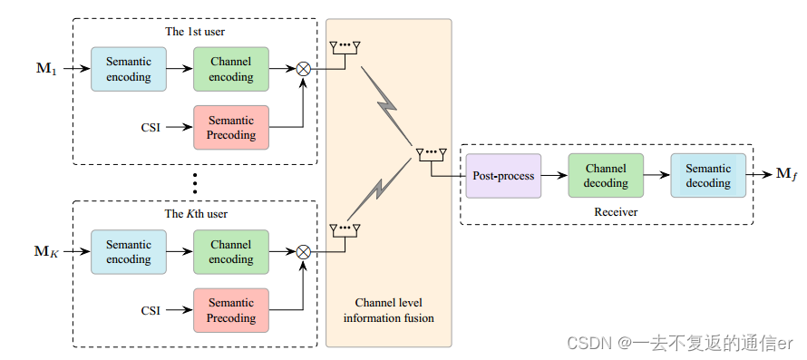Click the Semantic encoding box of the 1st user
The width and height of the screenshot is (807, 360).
coord(129,69)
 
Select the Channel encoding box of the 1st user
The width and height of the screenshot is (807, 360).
coord(231,69)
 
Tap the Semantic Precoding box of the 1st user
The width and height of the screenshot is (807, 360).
coord(231,127)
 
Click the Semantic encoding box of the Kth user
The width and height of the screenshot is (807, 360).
coord(129,251)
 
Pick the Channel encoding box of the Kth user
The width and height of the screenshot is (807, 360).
coord(231,251)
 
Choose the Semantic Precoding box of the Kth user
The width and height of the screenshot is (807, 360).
coord(231,310)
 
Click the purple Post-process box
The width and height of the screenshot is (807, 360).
coord(503,176)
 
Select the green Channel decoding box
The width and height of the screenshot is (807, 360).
coord(606,176)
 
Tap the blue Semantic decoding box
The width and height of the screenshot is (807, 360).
coord(708,176)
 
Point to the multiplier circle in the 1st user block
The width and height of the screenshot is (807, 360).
coord(304,69)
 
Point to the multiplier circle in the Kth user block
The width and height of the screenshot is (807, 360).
coord(304,251)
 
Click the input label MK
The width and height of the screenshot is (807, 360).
coord(46,251)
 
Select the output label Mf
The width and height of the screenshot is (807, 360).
coord(786,173)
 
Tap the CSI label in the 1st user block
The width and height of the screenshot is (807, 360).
coord(151,128)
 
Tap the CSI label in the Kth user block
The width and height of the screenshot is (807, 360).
coord(151,310)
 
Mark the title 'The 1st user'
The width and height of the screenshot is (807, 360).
coord(194,31)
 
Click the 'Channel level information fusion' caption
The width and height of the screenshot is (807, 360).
coord(388,309)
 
